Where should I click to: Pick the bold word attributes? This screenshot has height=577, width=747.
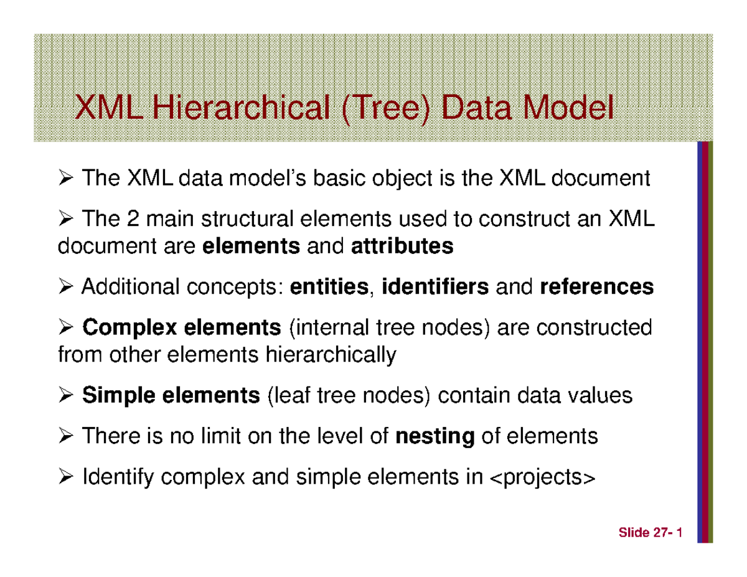(x=402, y=247)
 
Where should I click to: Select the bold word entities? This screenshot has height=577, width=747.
(x=329, y=288)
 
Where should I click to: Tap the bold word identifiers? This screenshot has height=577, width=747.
(x=435, y=288)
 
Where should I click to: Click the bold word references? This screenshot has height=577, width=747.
(x=597, y=288)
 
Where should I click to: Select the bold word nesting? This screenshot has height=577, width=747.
(x=435, y=436)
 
